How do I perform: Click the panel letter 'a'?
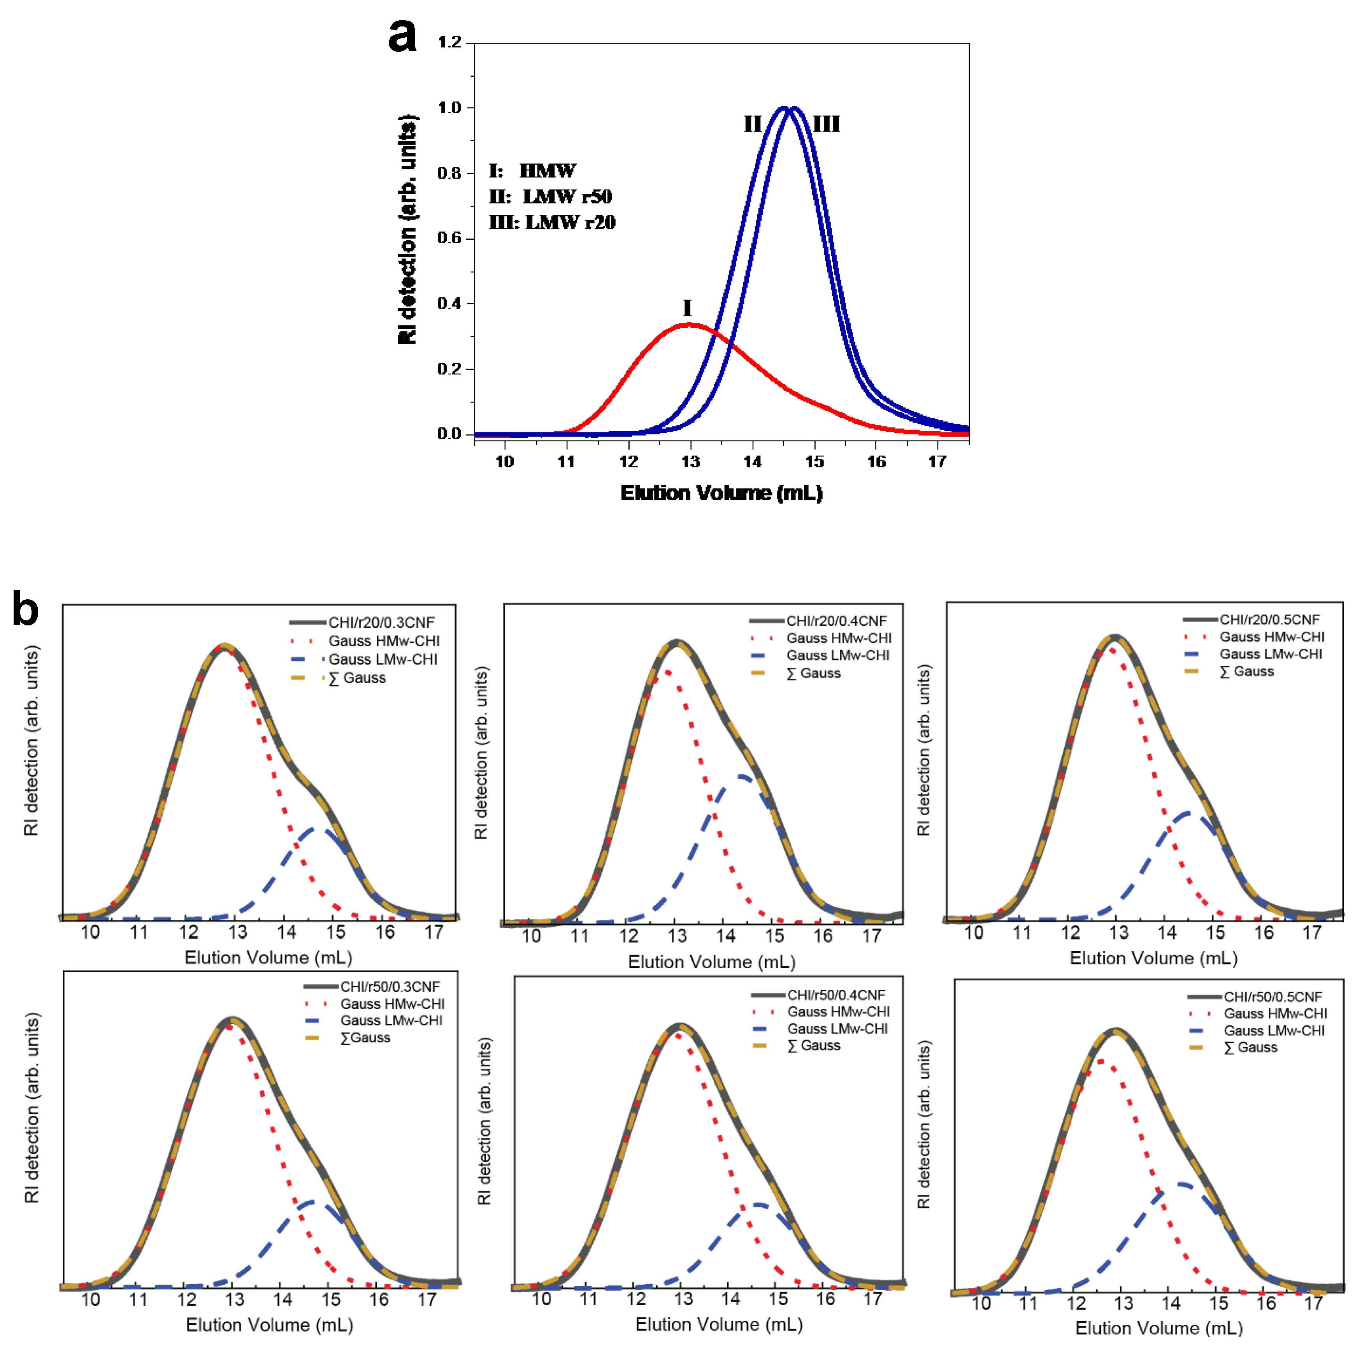coord(403,37)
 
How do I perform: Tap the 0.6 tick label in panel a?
coord(449,239)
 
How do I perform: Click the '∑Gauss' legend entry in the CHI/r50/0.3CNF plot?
coord(365,1038)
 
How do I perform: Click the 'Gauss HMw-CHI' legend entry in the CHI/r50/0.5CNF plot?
coord(1275,1013)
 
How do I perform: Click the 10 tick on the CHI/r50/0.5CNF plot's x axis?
coord(981,1304)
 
